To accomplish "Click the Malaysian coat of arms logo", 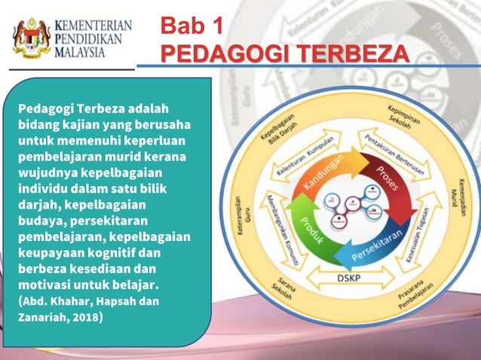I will [x=32, y=38].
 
